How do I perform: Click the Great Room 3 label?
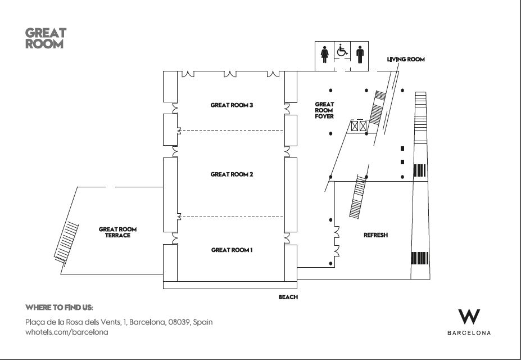[232, 105]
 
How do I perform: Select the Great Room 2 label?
[232, 174]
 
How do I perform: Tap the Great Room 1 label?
[232, 250]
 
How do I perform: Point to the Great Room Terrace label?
[117, 232]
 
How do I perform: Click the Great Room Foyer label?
[324, 110]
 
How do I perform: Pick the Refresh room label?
[376, 235]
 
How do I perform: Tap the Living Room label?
[406, 59]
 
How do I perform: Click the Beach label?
[288, 297]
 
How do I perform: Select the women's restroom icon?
[325, 55]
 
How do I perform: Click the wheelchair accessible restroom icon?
[342, 51]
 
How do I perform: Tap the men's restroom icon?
[360, 55]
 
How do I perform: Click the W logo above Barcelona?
[469, 317]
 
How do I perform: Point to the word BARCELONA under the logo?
[469, 333]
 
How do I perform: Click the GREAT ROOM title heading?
[46, 38]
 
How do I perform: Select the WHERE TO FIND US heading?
[59, 308]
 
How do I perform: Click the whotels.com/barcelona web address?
[67, 332]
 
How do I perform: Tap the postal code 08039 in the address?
[179, 322]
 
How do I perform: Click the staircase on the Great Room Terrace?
[66, 242]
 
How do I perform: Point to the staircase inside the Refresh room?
[358, 197]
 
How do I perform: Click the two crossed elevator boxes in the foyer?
[359, 126]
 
